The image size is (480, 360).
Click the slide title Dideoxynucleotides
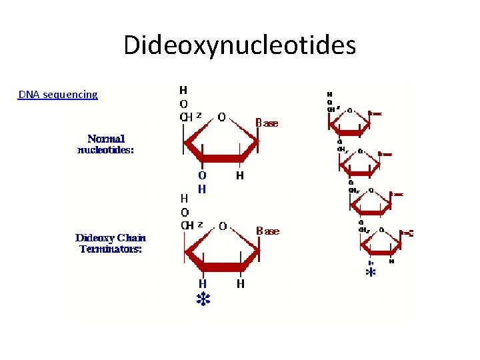coord(239,46)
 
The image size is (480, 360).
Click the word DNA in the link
coord(29,95)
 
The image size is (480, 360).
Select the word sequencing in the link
coord(69,95)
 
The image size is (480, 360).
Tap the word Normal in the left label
coord(106,139)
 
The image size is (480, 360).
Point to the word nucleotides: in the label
coord(106,150)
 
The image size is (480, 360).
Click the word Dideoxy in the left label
coord(96,238)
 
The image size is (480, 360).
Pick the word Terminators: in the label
coord(111,249)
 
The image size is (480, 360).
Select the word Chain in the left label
coord(132,238)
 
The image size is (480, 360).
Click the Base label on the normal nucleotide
coord(267,123)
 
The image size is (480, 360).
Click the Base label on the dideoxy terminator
coord(267,231)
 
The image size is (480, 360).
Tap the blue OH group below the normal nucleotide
coord(202,181)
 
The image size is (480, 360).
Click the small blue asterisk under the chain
coord(371,273)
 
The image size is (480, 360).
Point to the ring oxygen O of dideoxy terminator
coord(222,225)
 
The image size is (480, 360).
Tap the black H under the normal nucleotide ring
coord(239,176)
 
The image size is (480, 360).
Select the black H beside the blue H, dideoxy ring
coord(239,284)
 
